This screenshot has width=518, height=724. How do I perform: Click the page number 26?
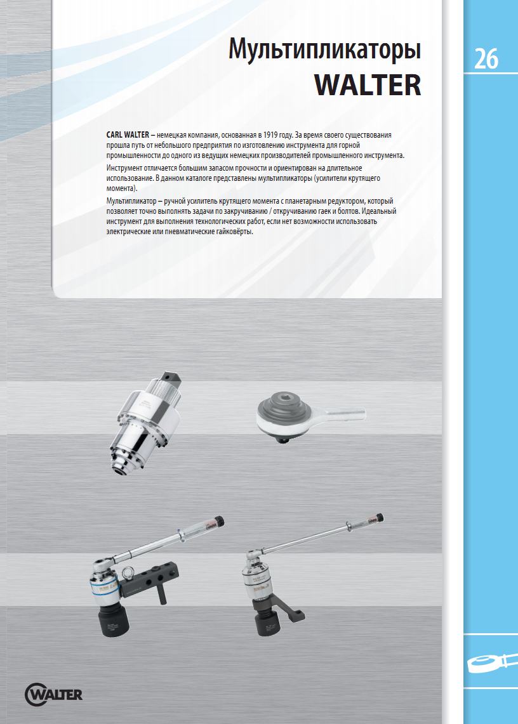(486, 58)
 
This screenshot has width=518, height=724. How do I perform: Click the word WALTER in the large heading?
(368, 84)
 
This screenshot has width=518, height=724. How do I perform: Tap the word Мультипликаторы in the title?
(324, 50)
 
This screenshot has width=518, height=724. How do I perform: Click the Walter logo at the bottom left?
(53, 694)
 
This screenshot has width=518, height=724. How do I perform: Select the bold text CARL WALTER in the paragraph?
(128, 135)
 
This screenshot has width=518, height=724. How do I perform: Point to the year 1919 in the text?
(270, 135)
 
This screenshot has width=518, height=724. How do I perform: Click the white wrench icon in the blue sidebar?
(492, 663)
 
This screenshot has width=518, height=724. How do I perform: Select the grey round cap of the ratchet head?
(284, 404)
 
